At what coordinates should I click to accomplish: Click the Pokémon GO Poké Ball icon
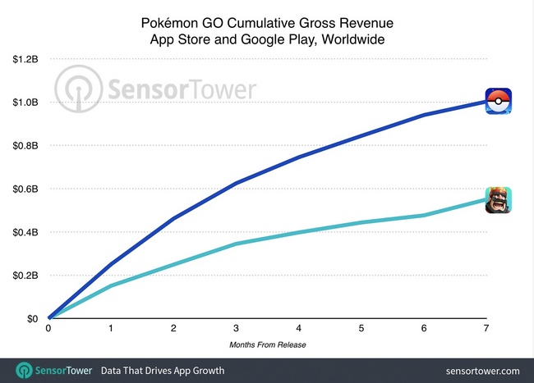point(498,101)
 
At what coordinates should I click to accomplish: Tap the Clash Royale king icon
point(498,200)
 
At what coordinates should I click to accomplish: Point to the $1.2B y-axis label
point(26,59)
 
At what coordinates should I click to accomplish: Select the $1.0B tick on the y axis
point(26,103)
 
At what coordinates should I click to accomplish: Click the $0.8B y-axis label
point(26,146)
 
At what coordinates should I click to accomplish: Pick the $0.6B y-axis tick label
point(26,189)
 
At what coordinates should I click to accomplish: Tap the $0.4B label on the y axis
point(26,232)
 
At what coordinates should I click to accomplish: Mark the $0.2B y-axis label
point(26,276)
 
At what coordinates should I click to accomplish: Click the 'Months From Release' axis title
point(269,344)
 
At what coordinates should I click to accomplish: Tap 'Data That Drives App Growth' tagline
point(162,370)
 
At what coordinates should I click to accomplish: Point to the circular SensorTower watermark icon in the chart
point(78,88)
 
